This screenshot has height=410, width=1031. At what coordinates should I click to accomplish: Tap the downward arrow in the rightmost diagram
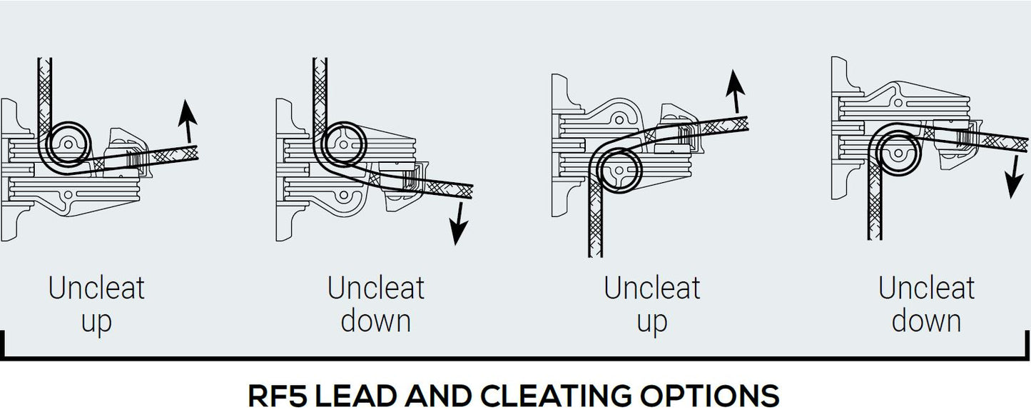pyautogui.click(x=1012, y=176)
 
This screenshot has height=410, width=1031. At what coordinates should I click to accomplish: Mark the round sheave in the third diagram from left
pyautogui.click(x=618, y=171)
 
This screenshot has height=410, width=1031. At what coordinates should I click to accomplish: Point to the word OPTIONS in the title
pyautogui.click(x=716, y=395)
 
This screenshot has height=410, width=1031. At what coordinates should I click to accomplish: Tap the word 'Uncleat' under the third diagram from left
pyautogui.click(x=652, y=288)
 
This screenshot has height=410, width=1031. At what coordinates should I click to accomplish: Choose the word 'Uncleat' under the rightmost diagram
pyautogui.click(x=926, y=288)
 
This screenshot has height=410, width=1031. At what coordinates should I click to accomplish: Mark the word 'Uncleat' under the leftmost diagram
pyautogui.click(x=96, y=288)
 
